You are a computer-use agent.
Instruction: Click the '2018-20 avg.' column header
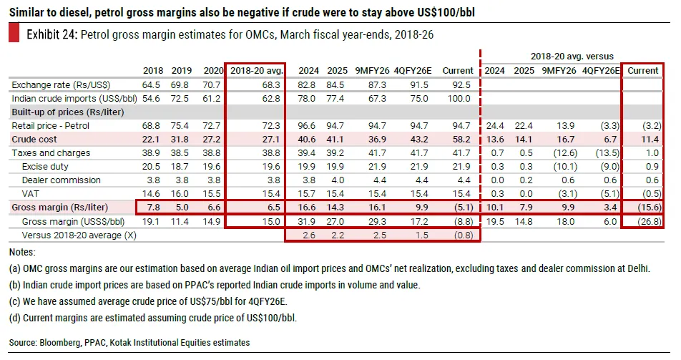point(257,71)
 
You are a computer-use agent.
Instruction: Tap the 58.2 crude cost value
point(464,140)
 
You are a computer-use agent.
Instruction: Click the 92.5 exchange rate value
point(464,85)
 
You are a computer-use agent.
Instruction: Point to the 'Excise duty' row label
point(42,166)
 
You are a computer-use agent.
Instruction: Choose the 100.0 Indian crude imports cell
point(461,99)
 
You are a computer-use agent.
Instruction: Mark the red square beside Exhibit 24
point(14,34)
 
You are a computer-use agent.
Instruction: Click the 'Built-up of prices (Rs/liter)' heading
point(65,112)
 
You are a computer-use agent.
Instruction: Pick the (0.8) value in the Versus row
point(463,233)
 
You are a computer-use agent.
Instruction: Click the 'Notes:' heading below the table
point(23,252)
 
